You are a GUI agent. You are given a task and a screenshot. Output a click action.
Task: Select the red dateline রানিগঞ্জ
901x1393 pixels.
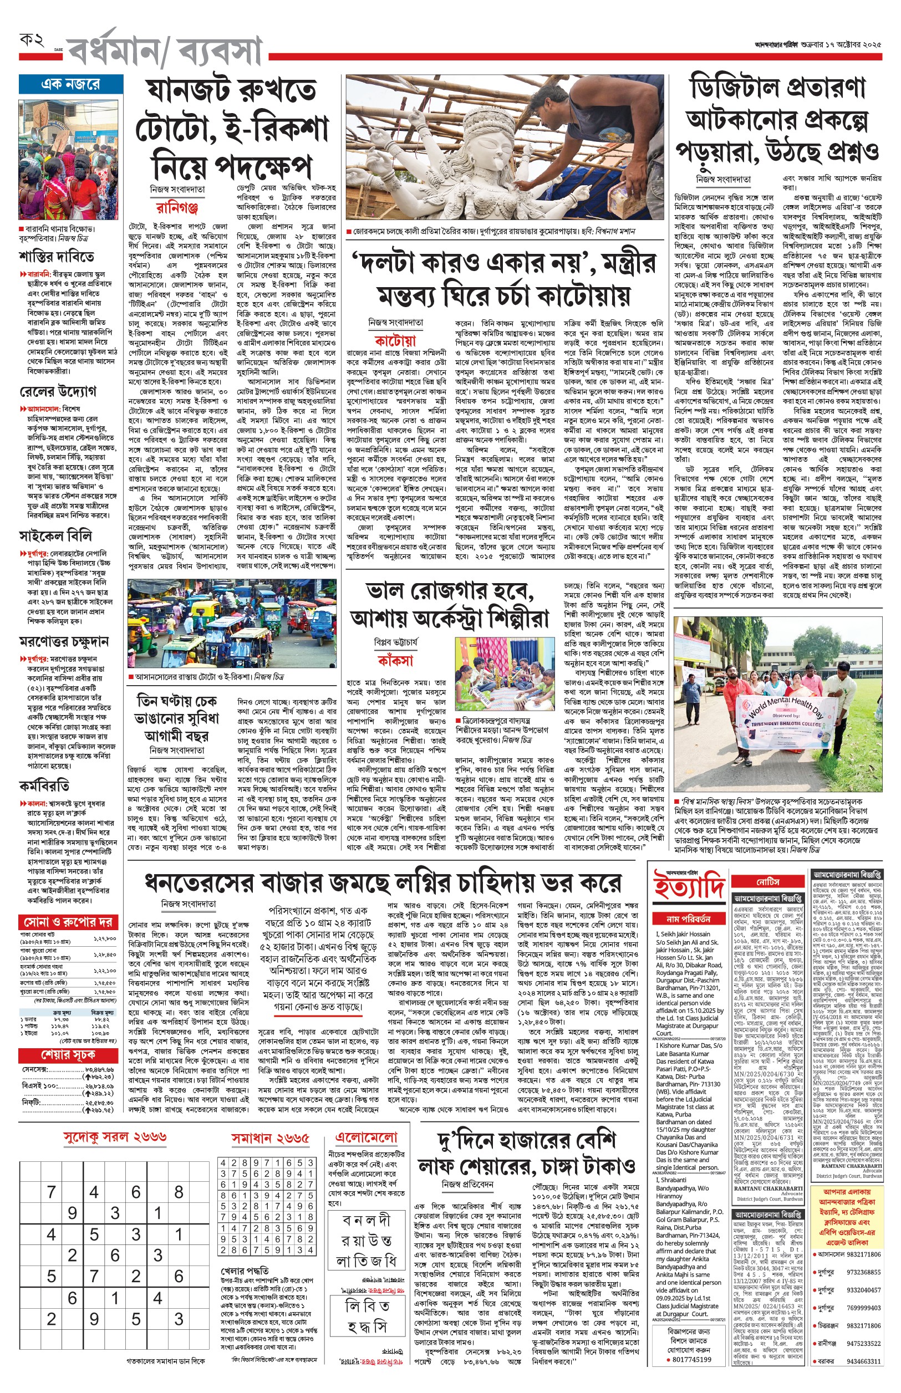coord(177,208)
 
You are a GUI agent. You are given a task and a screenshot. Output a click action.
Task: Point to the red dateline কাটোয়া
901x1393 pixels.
coord(395,340)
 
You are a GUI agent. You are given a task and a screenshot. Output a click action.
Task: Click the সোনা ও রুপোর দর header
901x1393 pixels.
coord(68,922)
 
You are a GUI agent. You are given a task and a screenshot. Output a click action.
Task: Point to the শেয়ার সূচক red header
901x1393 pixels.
coord(68,1055)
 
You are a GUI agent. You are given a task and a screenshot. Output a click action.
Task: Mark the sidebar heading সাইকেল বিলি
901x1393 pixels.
coord(55,535)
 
